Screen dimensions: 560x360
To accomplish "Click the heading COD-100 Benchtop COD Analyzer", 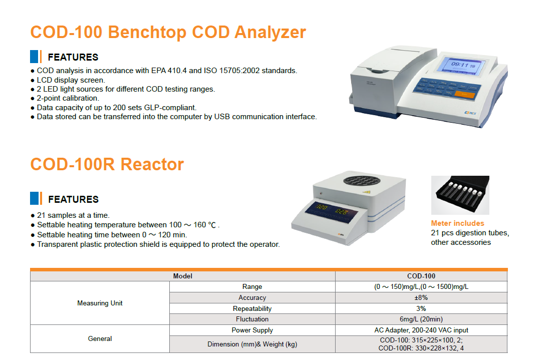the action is (x=168, y=32).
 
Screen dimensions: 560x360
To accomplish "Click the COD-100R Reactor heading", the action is (x=107, y=165).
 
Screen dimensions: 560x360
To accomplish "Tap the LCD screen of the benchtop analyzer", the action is (x=462, y=66).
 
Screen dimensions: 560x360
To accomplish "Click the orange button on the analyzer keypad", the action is (x=464, y=95).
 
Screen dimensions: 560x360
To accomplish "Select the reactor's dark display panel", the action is (x=331, y=211).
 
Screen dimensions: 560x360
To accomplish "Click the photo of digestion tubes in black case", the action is (x=460, y=195).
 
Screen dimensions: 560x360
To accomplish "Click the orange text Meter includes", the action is (x=457, y=223).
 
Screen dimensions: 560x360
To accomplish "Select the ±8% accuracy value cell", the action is (x=421, y=297).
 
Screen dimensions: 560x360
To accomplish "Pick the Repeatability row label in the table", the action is (x=252, y=308).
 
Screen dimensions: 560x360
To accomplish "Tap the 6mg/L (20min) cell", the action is (x=421, y=319).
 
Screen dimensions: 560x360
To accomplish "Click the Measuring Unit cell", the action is (x=100, y=303).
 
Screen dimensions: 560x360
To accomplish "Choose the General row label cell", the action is (x=100, y=338).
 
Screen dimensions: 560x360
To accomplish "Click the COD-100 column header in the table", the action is (x=421, y=276).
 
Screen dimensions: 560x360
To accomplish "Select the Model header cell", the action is (x=182, y=276).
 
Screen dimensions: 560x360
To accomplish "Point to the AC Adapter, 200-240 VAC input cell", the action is (x=421, y=330).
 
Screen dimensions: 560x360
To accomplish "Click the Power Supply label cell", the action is (x=252, y=330).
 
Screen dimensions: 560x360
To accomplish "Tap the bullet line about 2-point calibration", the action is (x=65, y=98).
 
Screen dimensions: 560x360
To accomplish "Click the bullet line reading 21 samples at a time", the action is (x=70, y=215).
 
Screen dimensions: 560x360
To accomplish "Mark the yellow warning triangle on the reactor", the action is (x=367, y=192).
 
